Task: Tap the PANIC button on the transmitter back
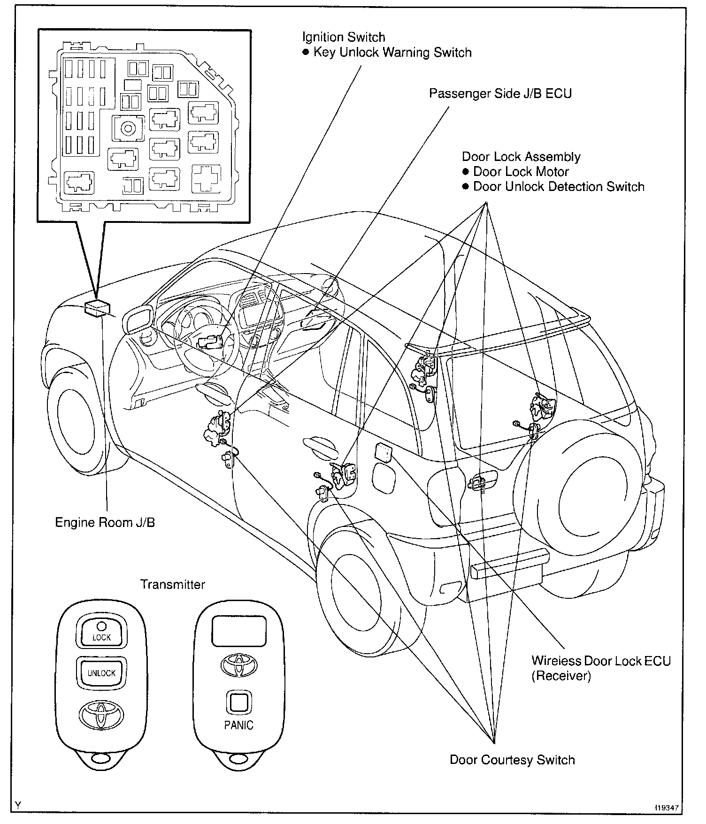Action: tap(238, 702)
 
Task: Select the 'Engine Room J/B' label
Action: tap(105, 522)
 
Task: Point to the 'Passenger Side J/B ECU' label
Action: tap(500, 93)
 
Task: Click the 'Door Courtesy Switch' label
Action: tap(512, 760)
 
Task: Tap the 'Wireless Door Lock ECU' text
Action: tap(601, 661)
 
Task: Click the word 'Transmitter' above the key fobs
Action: tap(173, 584)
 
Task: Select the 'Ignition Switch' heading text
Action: tap(344, 37)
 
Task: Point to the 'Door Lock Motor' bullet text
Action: tap(521, 172)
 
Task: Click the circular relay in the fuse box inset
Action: tap(128, 128)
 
